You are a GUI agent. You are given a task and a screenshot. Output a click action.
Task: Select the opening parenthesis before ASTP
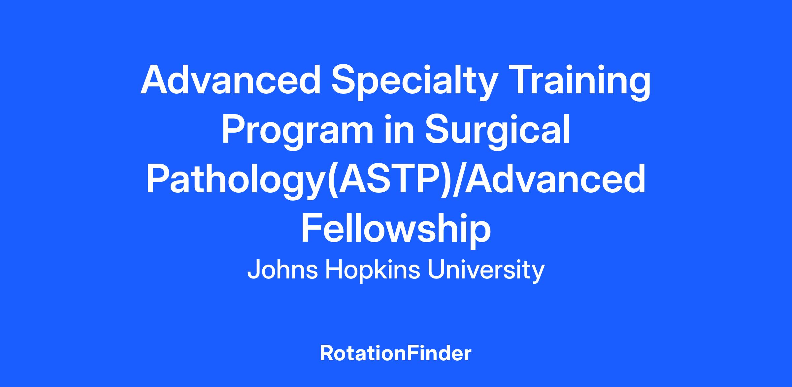335,181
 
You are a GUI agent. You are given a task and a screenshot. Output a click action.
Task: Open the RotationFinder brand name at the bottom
396,353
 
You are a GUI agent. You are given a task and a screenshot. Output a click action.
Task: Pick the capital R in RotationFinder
327,354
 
